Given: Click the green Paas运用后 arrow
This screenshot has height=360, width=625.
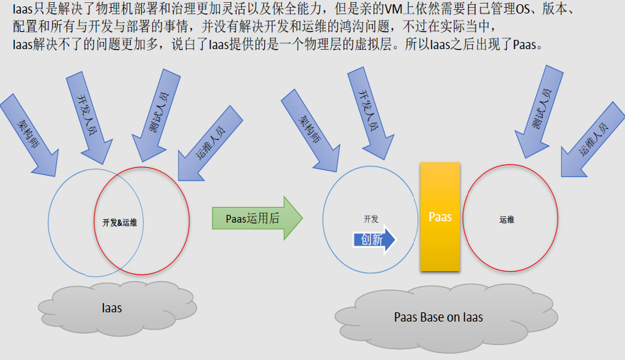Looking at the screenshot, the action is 257,218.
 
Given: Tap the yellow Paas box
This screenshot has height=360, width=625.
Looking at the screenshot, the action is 440,216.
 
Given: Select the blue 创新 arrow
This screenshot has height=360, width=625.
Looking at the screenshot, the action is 374,239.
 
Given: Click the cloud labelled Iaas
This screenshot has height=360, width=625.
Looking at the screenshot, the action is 117,308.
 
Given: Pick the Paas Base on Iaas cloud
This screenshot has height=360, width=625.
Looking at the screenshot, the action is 446,318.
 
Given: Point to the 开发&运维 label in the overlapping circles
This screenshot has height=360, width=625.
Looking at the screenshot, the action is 120,223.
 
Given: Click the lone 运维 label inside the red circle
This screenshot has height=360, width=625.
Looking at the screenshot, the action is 507,219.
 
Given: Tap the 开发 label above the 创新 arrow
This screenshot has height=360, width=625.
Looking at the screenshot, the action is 371,218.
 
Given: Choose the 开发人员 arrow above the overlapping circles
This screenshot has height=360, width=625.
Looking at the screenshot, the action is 88,118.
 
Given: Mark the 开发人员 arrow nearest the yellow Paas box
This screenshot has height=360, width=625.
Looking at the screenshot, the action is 370,114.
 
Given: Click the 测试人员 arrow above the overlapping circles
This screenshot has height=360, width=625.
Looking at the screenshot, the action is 155,115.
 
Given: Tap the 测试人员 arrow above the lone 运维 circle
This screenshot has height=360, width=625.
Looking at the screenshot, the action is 539,112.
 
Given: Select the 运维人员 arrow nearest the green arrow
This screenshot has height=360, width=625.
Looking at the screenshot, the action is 210,144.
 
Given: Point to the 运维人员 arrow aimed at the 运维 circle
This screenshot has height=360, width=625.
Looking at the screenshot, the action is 593,140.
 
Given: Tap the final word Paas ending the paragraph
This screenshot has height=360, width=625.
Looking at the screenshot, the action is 525,45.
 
